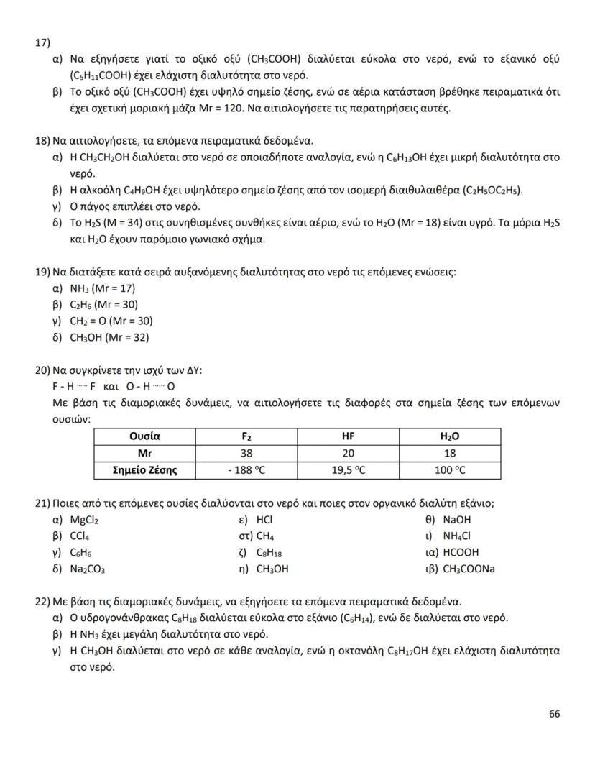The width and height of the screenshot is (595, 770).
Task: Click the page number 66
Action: click(x=553, y=714)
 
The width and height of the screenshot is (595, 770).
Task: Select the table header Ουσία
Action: click(x=144, y=436)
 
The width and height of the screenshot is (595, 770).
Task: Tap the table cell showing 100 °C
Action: click(x=450, y=470)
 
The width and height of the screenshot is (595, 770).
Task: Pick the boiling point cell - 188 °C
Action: click(x=246, y=470)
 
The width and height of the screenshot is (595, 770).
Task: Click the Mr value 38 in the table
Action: click(x=246, y=454)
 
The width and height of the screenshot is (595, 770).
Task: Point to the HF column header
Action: click(x=349, y=436)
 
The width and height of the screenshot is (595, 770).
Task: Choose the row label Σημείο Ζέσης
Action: click(x=144, y=470)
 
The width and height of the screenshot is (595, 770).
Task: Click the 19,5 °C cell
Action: click(x=349, y=470)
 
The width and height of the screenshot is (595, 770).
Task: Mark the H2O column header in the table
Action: click(x=450, y=436)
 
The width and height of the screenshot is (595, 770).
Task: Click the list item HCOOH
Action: click(x=461, y=553)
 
